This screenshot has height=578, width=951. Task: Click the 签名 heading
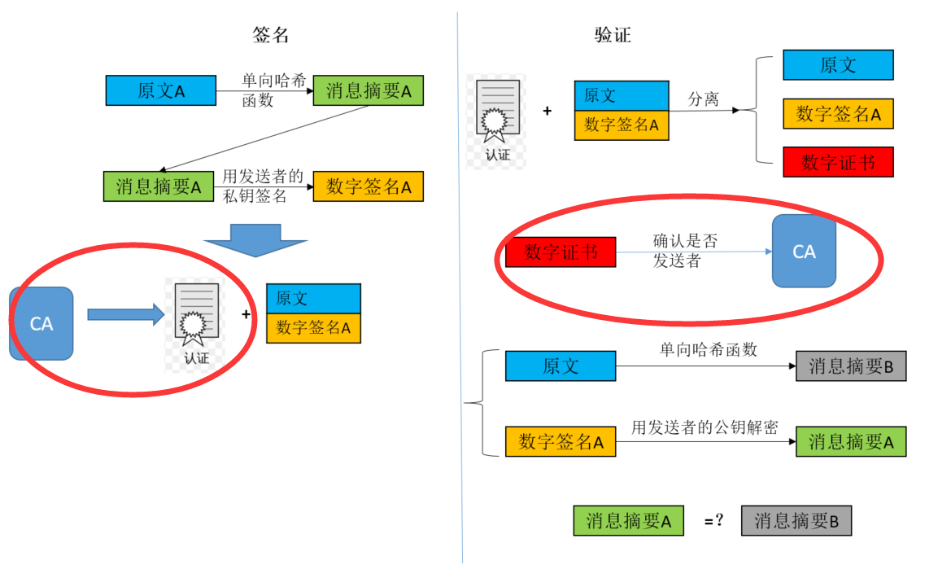271,35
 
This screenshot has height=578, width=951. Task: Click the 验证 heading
613,35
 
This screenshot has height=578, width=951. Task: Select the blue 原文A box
161,90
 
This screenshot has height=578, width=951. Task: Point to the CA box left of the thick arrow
41,323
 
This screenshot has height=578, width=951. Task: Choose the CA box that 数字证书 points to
804,252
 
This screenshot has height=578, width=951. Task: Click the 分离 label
704,99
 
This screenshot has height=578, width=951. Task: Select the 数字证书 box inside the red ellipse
561,252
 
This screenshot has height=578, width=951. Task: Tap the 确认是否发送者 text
686,251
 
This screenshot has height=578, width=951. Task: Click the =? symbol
713,521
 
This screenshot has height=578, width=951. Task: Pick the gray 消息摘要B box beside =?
796,521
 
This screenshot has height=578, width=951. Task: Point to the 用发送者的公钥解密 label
705,427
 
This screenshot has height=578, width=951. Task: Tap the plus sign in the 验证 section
547,110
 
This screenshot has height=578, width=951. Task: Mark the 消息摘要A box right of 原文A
369,90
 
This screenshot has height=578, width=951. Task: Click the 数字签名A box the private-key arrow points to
369,186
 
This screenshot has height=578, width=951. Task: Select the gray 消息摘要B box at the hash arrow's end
851,366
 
